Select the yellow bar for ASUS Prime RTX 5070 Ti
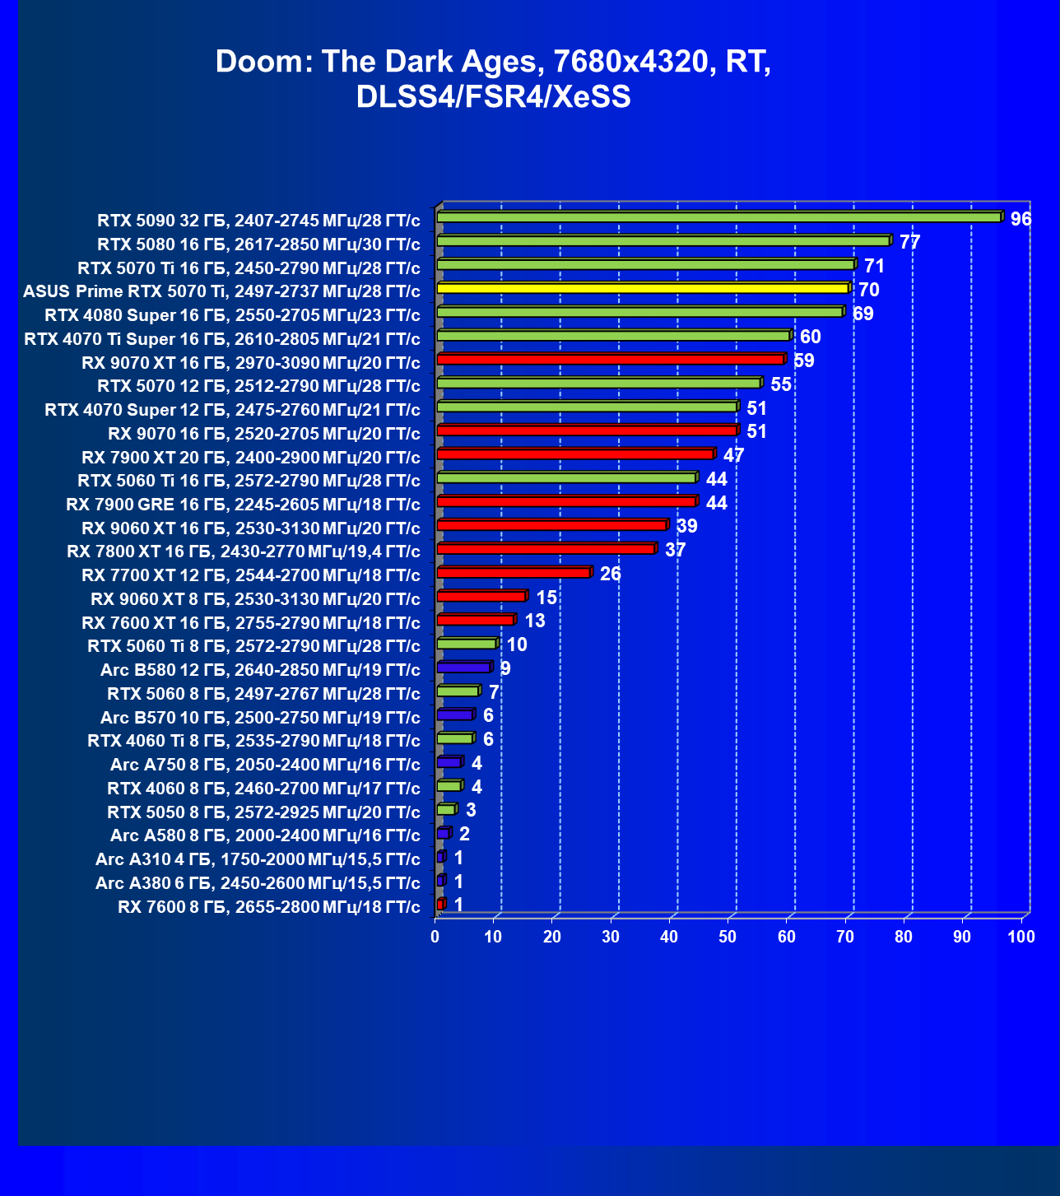click(x=643, y=288)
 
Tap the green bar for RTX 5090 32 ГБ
click(x=718, y=217)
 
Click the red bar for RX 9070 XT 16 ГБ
click(x=610, y=359)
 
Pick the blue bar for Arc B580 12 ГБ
click(x=463, y=668)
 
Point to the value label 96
click(x=1020, y=219)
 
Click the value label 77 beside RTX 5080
click(x=909, y=242)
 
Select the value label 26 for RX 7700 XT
click(x=610, y=574)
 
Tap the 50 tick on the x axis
click(x=728, y=937)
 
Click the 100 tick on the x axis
click(x=1021, y=937)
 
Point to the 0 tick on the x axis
click(x=435, y=937)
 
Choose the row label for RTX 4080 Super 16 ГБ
click(x=232, y=315)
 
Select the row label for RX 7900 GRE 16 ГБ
click(x=243, y=505)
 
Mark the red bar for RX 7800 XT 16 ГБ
click(x=546, y=549)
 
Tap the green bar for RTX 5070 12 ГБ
click(x=598, y=383)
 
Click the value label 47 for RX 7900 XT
click(x=733, y=455)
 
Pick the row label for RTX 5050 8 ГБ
click(x=263, y=812)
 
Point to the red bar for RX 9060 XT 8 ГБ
click(x=481, y=596)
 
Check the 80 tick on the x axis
click(x=904, y=937)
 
